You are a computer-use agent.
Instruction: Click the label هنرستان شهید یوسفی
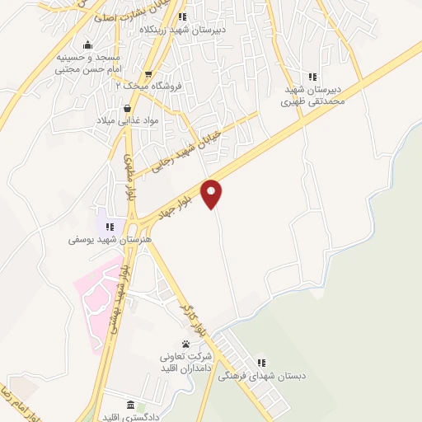tap(100, 240)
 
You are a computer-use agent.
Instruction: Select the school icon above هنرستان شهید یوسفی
tap(110, 227)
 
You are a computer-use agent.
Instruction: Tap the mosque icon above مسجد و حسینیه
tap(88, 45)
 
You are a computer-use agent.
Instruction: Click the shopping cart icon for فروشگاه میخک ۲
tap(148, 73)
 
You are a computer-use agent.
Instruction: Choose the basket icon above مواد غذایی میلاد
tap(126, 107)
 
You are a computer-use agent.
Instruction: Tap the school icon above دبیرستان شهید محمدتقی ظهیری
tap(311, 76)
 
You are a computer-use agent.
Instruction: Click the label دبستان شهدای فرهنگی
tap(261, 376)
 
